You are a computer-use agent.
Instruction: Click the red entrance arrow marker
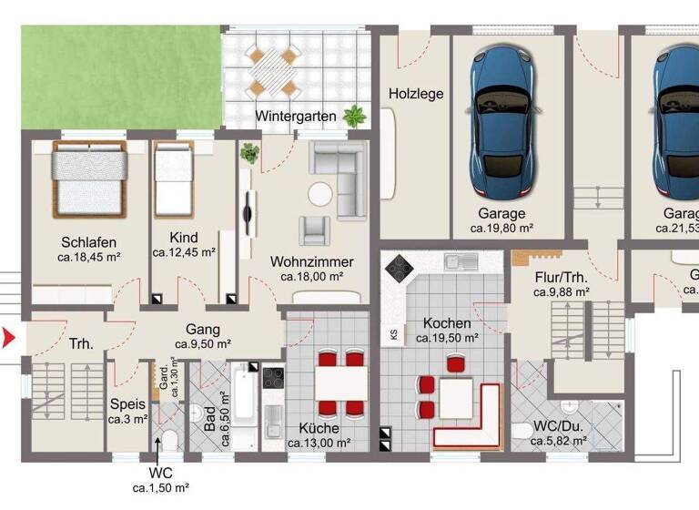[8, 340]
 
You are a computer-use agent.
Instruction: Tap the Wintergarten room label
[295, 117]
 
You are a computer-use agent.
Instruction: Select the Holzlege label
[415, 93]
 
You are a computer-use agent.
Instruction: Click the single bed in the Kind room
[171, 178]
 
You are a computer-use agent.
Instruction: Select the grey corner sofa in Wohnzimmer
[342, 178]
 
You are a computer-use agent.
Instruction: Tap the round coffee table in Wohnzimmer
[319, 194]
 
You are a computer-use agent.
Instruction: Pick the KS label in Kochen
[393, 333]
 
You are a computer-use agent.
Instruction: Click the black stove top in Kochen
[397, 267]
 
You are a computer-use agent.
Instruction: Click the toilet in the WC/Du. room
[521, 431]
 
